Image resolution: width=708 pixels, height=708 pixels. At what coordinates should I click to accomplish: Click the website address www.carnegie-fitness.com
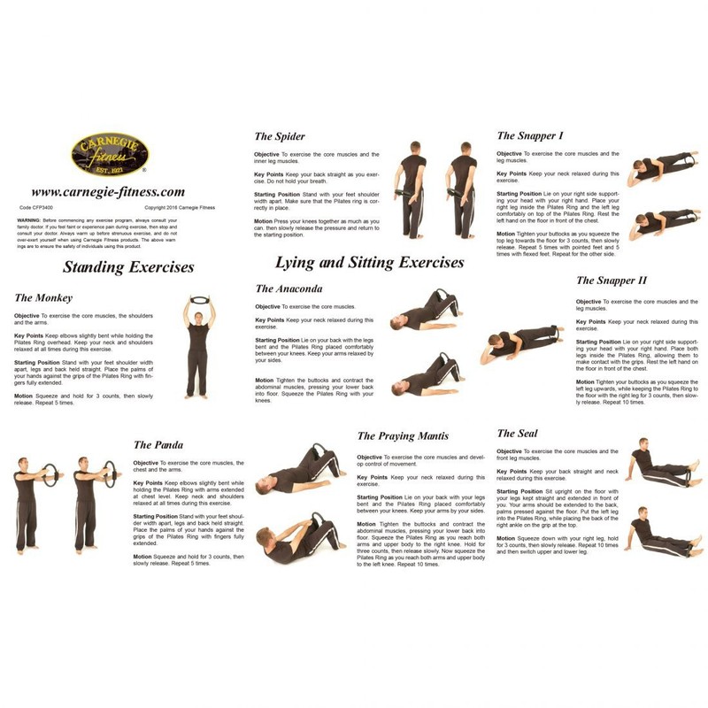(x=108, y=191)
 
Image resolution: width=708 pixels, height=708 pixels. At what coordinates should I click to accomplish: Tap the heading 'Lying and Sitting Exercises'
(x=369, y=263)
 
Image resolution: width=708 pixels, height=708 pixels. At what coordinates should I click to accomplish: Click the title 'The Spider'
(x=280, y=136)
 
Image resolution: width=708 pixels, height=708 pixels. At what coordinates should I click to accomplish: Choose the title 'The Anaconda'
(x=288, y=289)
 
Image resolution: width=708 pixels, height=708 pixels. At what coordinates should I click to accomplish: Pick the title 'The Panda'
(x=159, y=444)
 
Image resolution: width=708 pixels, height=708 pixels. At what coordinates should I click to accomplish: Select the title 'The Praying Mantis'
(x=403, y=436)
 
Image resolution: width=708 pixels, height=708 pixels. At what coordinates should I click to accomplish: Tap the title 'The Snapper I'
(x=530, y=135)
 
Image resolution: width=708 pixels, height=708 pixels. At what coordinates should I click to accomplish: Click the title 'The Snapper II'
(x=610, y=281)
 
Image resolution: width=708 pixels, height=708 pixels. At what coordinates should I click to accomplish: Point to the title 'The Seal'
(x=518, y=434)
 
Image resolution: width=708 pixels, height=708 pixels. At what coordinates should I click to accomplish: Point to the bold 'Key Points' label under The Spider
(x=269, y=176)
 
